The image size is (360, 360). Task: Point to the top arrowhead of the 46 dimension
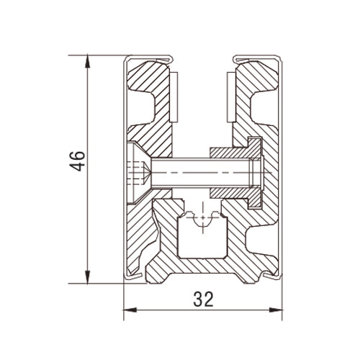click(x=89, y=60)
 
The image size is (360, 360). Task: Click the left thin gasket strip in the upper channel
click(x=175, y=94)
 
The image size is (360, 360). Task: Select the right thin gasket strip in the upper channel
click(x=229, y=94)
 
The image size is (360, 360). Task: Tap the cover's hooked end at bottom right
click(x=272, y=276)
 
